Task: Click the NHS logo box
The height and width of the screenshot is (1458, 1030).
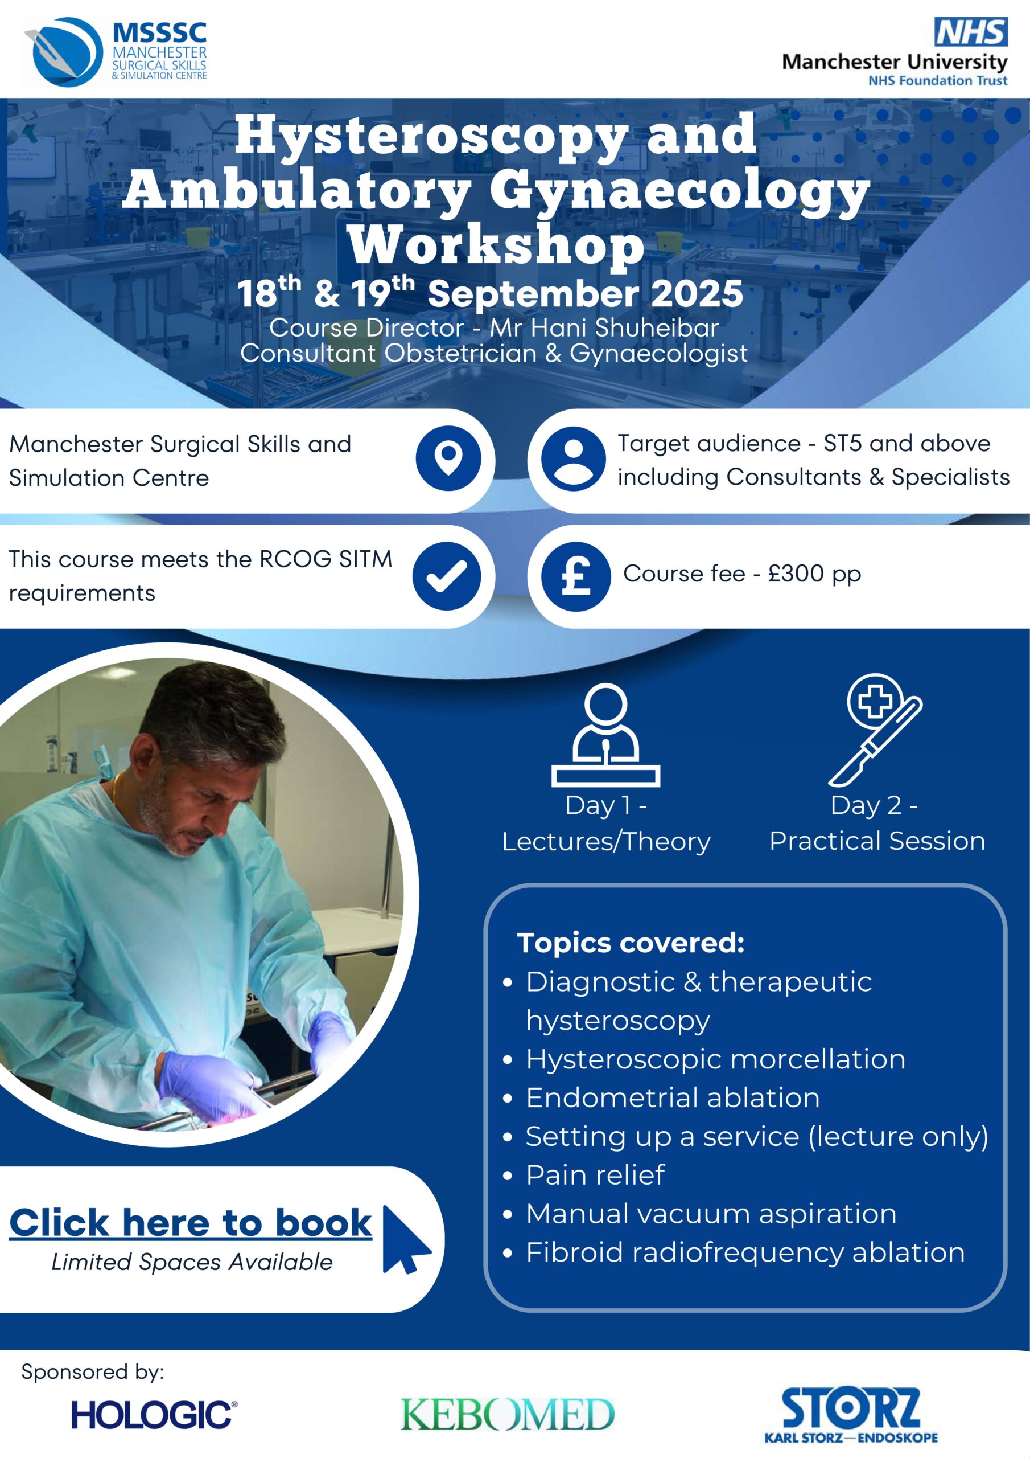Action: (x=971, y=32)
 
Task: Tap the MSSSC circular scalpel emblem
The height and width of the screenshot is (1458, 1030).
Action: (x=64, y=52)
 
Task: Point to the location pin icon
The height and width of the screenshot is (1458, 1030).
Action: (x=448, y=458)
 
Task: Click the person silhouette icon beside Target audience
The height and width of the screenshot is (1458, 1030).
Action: (x=573, y=458)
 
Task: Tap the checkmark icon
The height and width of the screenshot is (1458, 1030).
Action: (x=447, y=576)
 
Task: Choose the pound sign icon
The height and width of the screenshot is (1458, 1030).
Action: (x=576, y=576)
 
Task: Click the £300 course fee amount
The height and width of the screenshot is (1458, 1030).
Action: (x=796, y=574)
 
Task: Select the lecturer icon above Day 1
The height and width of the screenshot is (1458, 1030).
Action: (x=606, y=735)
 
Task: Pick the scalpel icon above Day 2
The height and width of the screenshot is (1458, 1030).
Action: (x=875, y=730)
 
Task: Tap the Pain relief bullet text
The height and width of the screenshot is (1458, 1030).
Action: (x=595, y=1175)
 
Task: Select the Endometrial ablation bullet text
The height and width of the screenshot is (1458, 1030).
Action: (x=673, y=1098)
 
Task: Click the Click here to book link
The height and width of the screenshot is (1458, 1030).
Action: (x=191, y=1223)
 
